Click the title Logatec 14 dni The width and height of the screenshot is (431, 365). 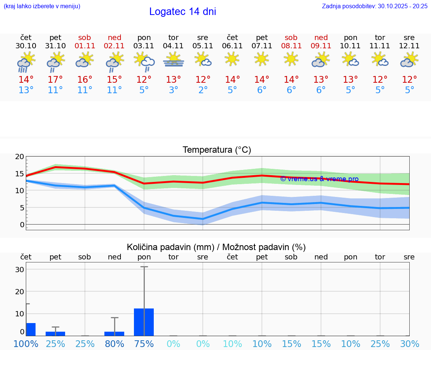coord(183,12)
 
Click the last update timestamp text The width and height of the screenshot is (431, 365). coord(375,6)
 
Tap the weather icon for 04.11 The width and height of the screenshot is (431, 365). coord(174,60)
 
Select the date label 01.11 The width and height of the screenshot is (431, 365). coord(85,46)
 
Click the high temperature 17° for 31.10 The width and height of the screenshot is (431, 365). coord(55,80)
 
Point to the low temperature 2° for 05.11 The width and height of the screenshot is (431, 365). coord(203,90)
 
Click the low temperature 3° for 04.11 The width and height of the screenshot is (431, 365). coord(174,90)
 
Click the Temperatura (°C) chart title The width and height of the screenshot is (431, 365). coord(217,150)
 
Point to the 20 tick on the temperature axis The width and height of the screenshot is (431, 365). coord(19,156)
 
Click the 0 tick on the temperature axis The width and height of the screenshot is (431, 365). coord(22,225)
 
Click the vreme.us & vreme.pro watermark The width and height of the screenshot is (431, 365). coord(320,179)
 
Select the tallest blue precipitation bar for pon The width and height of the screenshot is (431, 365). coord(144,322)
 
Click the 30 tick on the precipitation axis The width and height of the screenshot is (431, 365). coord(19,270)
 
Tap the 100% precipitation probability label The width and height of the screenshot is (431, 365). coord(26,344)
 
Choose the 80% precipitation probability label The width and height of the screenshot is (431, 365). coord(114,344)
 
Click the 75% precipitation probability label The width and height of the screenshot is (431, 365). coord(144,344)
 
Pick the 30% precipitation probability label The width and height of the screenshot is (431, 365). coord(409,344)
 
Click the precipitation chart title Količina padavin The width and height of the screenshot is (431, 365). coord(216,247)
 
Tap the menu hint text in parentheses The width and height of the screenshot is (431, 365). coord(42,6)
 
